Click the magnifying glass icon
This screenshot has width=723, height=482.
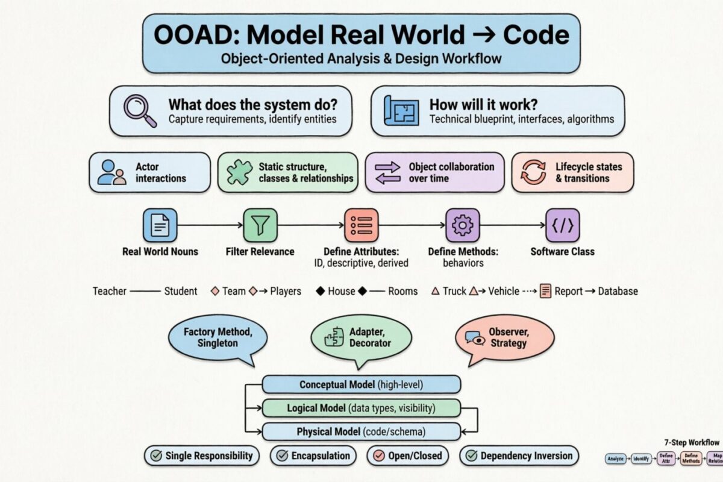click(138, 110)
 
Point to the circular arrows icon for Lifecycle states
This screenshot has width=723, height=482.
click(533, 172)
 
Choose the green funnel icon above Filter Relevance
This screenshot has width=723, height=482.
click(260, 225)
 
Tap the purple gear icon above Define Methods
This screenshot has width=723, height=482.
click(462, 225)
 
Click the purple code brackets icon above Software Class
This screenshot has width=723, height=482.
click(563, 225)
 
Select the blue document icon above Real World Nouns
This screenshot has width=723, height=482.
click(160, 225)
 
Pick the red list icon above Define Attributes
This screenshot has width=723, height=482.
click(361, 225)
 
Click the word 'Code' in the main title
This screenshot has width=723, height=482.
click(534, 34)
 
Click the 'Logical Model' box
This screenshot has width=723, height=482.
click(361, 408)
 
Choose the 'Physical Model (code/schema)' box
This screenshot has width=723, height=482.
click(361, 431)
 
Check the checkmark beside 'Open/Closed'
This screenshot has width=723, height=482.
click(380, 455)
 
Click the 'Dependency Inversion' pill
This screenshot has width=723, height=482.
click(519, 455)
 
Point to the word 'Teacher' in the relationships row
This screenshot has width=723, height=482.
click(109, 291)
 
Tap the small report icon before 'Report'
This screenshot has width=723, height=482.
click(546, 291)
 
